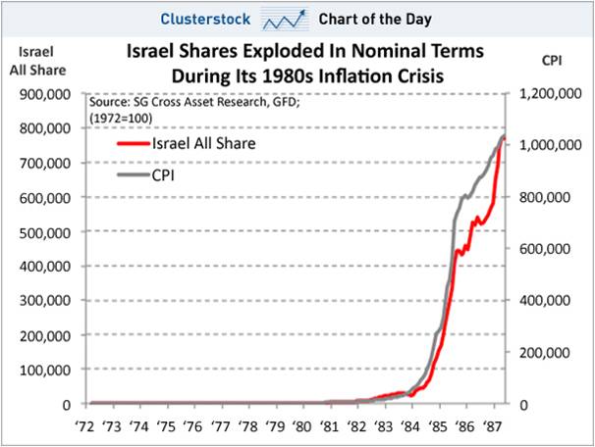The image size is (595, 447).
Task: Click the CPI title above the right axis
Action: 552,60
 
